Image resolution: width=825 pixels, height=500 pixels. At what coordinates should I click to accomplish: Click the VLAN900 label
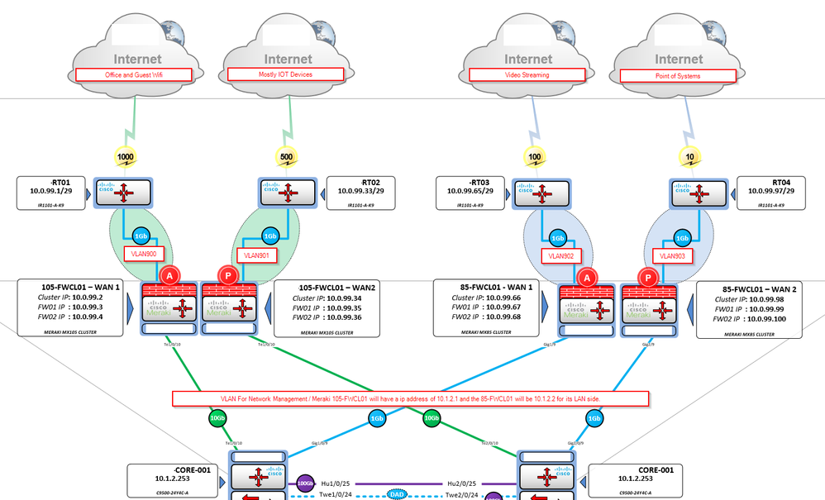(x=145, y=255)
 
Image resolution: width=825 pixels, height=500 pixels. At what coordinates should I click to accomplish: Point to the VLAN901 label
(x=255, y=255)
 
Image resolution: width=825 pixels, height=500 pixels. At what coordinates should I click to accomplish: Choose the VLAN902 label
(x=560, y=255)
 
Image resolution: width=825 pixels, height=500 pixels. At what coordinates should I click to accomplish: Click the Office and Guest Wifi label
(x=134, y=74)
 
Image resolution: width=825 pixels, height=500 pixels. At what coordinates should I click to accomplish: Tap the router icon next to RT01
(x=126, y=194)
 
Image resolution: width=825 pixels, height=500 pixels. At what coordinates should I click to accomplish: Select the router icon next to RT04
(x=698, y=194)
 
